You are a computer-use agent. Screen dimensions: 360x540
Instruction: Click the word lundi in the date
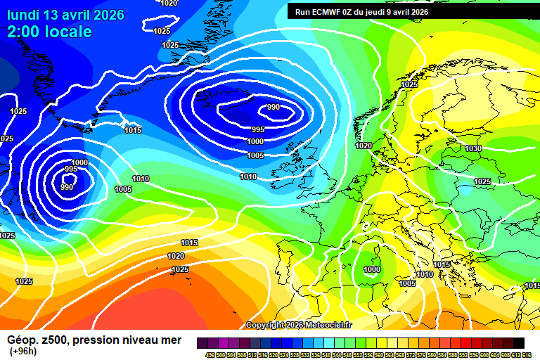[x=25, y=15]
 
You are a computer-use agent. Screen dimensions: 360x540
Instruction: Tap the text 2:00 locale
[x=49, y=32]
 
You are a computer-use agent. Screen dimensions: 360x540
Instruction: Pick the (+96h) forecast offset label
[x=24, y=352]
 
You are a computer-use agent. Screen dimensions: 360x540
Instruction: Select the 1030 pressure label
[x=473, y=148]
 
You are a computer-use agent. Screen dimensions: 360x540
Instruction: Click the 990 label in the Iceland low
[x=273, y=108]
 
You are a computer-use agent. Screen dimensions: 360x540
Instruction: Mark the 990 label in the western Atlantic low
[x=67, y=187]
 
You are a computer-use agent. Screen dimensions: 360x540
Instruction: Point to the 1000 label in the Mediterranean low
[x=372, y=269]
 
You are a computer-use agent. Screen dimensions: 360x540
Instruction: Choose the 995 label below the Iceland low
[x=258, y=130]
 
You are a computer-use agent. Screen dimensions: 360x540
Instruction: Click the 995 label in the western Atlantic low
[x=71, y=169]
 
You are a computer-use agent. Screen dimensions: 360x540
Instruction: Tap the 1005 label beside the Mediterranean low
[x=408, y=283]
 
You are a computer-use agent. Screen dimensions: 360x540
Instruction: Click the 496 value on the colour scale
[x=210, y=354]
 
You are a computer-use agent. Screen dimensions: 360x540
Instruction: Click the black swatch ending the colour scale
[x=519, y=342]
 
